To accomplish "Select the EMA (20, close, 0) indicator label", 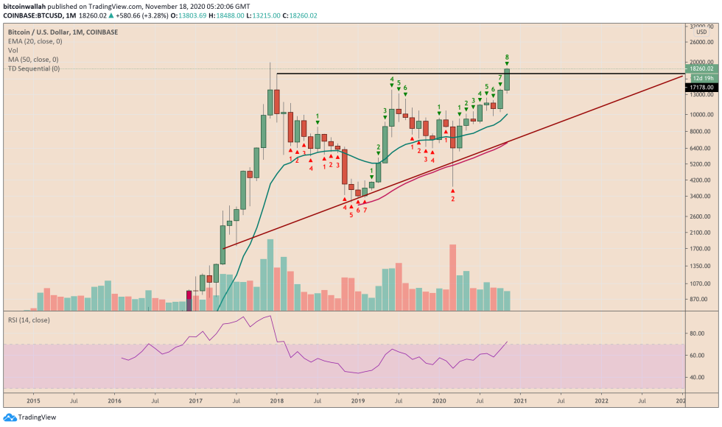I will (32, 41).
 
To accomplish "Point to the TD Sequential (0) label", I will (34, 68).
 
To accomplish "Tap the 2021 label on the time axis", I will (520, 401).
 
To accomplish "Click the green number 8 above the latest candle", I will (507, 57).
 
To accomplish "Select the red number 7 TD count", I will (365, 210).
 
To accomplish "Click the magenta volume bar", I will (189, 300).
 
